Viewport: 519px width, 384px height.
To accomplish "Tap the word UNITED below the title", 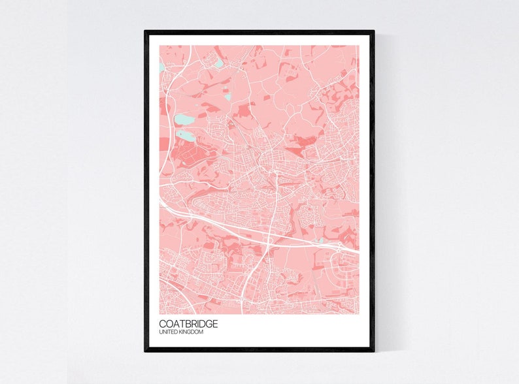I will [x=168, y=333].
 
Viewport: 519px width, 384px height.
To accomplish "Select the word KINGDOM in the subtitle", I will [x=191, y=333].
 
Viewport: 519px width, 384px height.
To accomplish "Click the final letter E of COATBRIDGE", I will [x=215, y=324].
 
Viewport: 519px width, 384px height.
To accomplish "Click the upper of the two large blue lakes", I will [x=184, y=120].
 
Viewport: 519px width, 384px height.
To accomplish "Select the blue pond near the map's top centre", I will [x=219, y=63].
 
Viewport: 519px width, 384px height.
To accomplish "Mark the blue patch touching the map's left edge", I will [x=162, y=67].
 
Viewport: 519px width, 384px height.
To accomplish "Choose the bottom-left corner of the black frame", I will [x=146, y=350].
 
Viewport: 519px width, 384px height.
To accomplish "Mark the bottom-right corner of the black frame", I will [x=373, y=350].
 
